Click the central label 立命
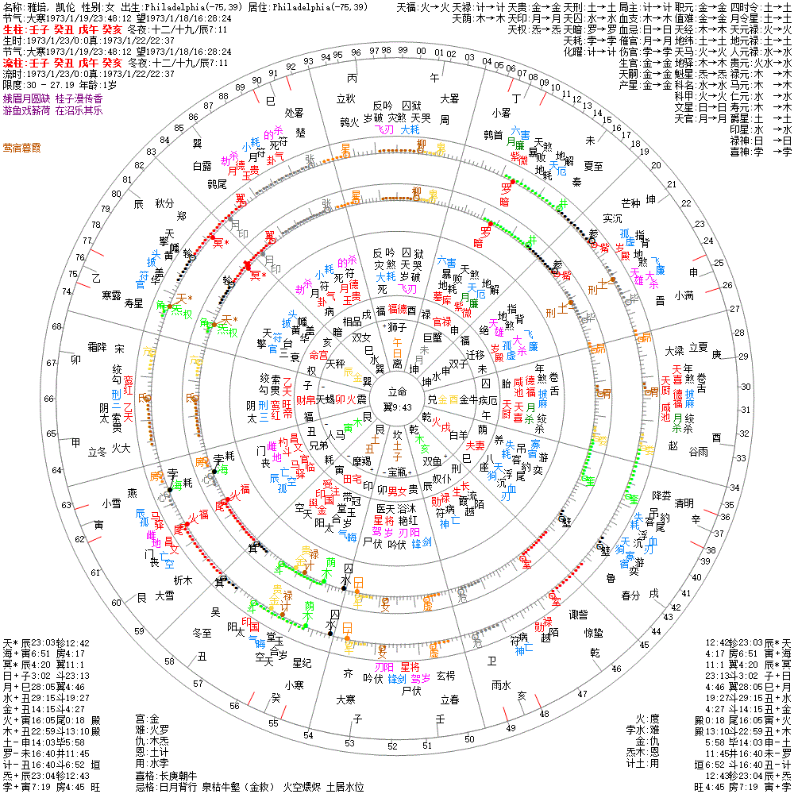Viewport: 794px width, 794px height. [x=396, y=391]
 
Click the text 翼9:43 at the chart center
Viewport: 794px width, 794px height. [x=396, y=407]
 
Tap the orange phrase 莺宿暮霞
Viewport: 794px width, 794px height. [x=23, y=148]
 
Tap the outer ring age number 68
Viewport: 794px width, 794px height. [x=56, y=326]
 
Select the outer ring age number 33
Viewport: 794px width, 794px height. [x=741, y=458]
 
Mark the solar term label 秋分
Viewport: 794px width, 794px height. [x=164, y=203]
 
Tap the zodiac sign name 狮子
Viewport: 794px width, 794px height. [x=396, y=327]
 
